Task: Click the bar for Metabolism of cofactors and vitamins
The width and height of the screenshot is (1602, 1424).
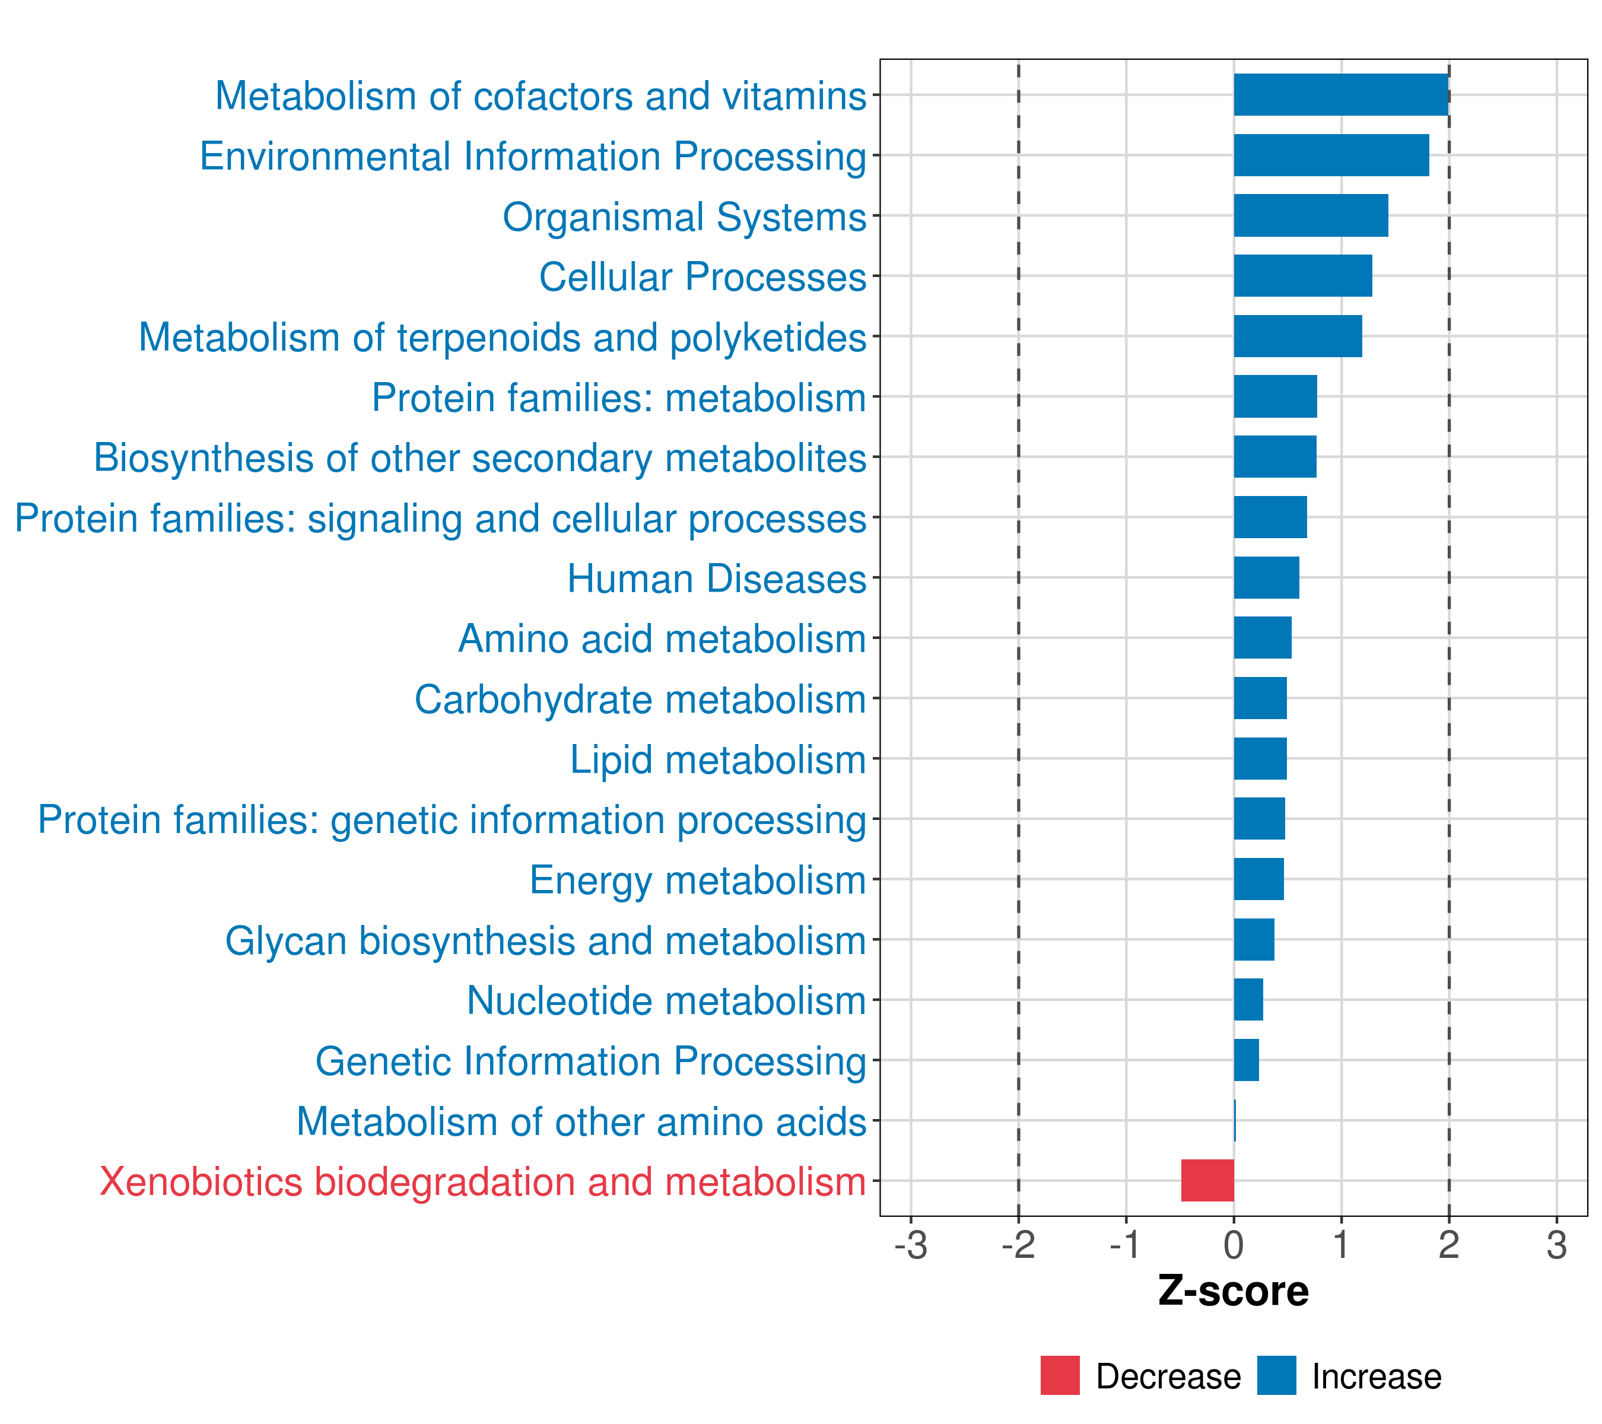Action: (x=1340, y=95)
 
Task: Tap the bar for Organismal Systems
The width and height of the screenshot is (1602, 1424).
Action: (x=1311, y=215)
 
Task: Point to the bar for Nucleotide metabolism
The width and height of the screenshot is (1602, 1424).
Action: (x=1248, y=999)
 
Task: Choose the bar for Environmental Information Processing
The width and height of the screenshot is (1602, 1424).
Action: (x=1331, y=155)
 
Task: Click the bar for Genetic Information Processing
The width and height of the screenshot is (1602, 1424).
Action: (x=1246, y=1060)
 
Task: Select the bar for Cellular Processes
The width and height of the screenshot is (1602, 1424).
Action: (x=1302, y=276)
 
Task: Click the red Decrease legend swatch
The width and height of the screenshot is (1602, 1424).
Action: (x=1060, y=1375)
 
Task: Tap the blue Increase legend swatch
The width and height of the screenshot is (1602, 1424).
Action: (x=1276, y=1375)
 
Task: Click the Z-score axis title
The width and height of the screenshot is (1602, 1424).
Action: (x=1233, y=1292)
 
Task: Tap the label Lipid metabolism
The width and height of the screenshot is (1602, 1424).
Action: (x=717, y=759)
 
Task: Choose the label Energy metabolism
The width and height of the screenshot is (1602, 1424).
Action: (x=698, y=880)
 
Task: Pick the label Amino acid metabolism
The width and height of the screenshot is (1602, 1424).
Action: (x=662, y=638)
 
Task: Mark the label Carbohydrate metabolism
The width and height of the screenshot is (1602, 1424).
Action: (x=640, y=699)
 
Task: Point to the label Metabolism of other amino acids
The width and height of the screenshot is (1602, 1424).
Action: (x=581, y=1121)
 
